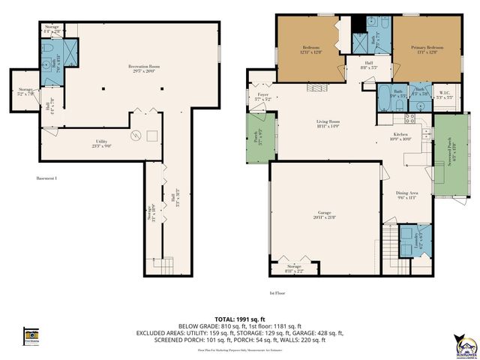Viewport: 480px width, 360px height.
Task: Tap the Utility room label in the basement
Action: click(103, 144)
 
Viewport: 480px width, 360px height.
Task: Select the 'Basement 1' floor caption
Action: click(46, 178)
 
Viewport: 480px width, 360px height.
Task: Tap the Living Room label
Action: click(327, 124)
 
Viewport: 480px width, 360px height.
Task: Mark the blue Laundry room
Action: click(412, 240)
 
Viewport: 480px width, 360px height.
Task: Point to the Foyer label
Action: click(262, 97)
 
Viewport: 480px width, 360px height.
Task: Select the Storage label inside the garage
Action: click(294, 268)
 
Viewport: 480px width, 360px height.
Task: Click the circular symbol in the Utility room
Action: click(136, 136)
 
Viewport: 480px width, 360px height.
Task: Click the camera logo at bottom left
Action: click(31, 336)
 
